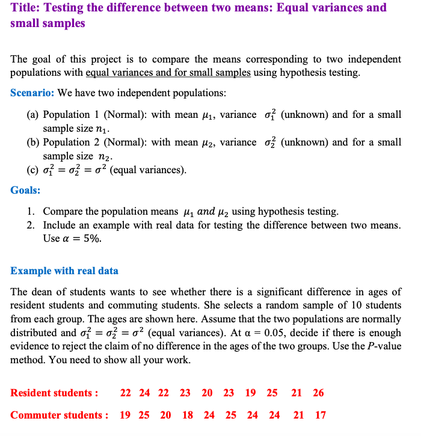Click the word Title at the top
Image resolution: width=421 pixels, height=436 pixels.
click(25, 8)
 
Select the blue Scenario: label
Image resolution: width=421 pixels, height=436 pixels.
click(32, 93)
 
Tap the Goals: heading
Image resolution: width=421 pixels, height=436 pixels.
click(25, 190)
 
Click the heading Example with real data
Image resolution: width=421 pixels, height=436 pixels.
click(64, 271)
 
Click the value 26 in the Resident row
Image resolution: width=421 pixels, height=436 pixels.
click(318, 393)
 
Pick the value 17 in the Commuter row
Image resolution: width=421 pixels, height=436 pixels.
click(321, 415)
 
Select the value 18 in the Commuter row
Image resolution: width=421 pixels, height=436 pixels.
click(188, 415)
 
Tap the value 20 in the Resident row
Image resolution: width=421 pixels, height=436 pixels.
click(207, 393)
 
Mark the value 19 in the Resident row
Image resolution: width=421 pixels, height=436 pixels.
click(250, 393)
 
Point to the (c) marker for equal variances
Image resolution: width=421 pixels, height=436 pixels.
click(32, 170)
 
